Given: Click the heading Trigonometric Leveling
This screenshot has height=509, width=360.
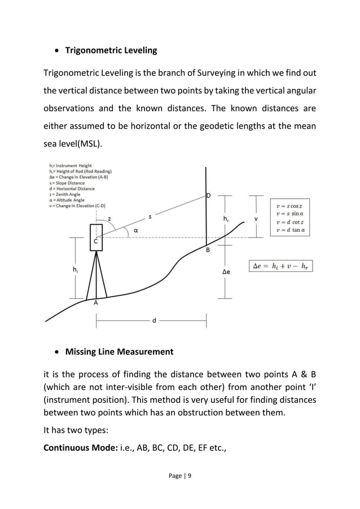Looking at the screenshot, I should [x=111, y=51].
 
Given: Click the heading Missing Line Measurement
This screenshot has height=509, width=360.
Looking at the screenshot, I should [x=120, y=352].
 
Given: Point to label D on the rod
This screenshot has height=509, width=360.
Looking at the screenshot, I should [x=209, y=196].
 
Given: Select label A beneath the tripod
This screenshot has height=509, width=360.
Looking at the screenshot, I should [x=96, y=302].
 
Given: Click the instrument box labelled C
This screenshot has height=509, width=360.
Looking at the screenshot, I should [x=96, y=238].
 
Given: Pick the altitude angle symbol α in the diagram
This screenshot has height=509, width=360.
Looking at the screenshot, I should [x=136, y=230].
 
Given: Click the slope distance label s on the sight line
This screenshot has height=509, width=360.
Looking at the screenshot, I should [x=150, y=216].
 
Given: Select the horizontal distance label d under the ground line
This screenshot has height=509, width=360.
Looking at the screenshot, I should [x=154, y=321].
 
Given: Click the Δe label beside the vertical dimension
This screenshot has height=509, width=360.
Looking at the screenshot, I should [x=226, y=271].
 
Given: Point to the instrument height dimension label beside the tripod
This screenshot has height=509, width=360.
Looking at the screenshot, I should [x=76, y=270].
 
